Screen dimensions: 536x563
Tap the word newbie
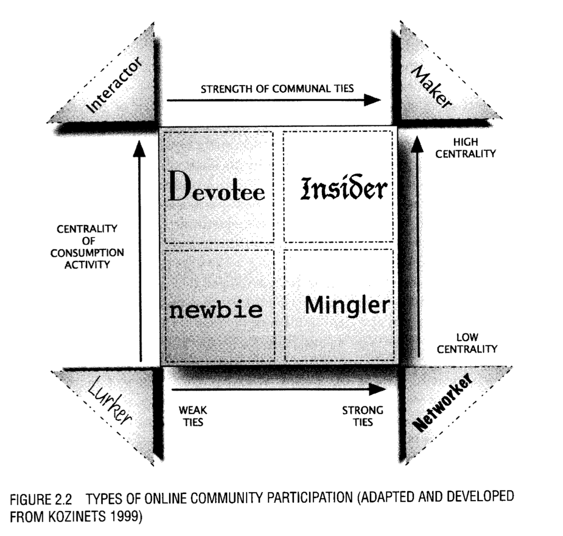coord(216,310)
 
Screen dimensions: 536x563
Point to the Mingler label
coord(346,304)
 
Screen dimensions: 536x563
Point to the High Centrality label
coord(465,148)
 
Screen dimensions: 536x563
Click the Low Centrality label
coord(467,344)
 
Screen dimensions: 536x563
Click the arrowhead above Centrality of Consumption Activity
coord(141,148)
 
